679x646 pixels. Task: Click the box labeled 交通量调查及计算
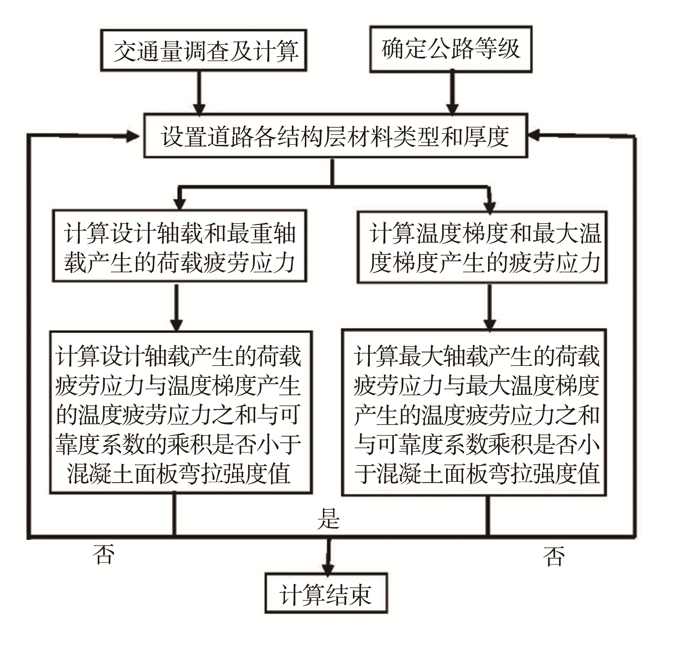click(x=204, y=51)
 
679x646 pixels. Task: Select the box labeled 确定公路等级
click(x=451, y=49)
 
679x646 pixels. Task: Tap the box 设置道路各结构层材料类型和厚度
click(x=335, y=135)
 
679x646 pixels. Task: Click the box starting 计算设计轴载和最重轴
click(x=179, y=246)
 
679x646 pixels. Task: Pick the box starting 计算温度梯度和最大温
click(x=482, y=247)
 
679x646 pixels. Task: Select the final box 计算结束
click(x=326, y=593)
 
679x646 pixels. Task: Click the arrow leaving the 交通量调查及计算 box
click(x=200, y=93)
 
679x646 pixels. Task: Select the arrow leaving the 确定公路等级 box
click(x=452, y=93)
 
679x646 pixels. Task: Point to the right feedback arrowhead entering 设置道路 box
click(x=535, y=135)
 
